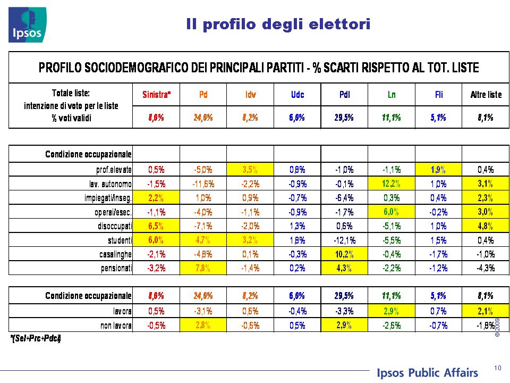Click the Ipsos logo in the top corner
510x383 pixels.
[x=27, y=25]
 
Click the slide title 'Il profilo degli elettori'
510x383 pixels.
[x=278, y=24]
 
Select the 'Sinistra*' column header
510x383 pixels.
[x=156, y=95]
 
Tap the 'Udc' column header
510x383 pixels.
[x=297, y=95]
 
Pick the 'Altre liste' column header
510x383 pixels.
[x=486, y=95]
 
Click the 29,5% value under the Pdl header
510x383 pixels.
[x=344, y=117]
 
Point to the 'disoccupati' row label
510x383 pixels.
[x=115, y=226]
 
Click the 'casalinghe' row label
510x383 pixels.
[x=115, y=254]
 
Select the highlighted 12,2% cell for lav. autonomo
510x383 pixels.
[x=392, y=184]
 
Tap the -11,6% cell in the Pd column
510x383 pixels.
[x=203, y=184]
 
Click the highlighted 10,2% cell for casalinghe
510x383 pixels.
[x=344, y=254]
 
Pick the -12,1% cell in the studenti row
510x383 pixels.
[x=344, y=240]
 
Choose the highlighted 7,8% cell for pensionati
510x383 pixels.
[x=203, y=268]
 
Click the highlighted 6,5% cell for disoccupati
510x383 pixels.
[x=156, y=226]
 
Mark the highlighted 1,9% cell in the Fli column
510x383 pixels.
[x=438, y=169]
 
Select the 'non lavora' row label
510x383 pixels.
[x=116, y=325]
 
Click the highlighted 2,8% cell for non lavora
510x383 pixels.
[x=203, y=325]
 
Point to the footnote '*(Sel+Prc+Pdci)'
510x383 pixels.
[x=36, y=338]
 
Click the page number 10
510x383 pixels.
[x=498, y=368]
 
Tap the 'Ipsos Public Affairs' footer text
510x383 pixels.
[x=427, y=372]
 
